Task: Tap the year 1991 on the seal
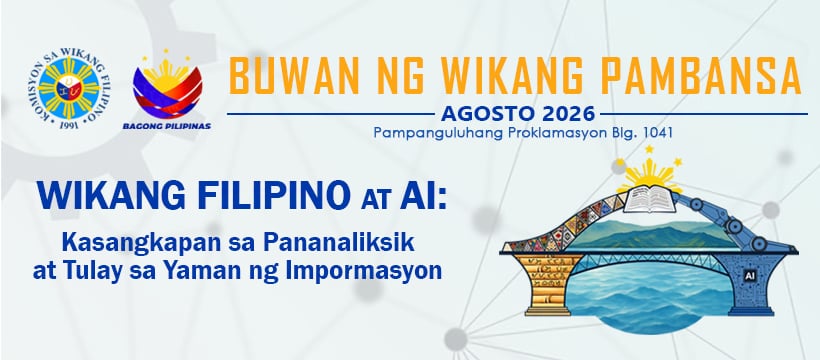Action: [69, 125]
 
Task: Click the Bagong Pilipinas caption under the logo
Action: [167, 126]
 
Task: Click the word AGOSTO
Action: [481, 113]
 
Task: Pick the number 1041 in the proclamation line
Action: [659, 133]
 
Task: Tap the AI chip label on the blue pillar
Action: [748, 274]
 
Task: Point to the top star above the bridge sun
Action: [649, 149]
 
